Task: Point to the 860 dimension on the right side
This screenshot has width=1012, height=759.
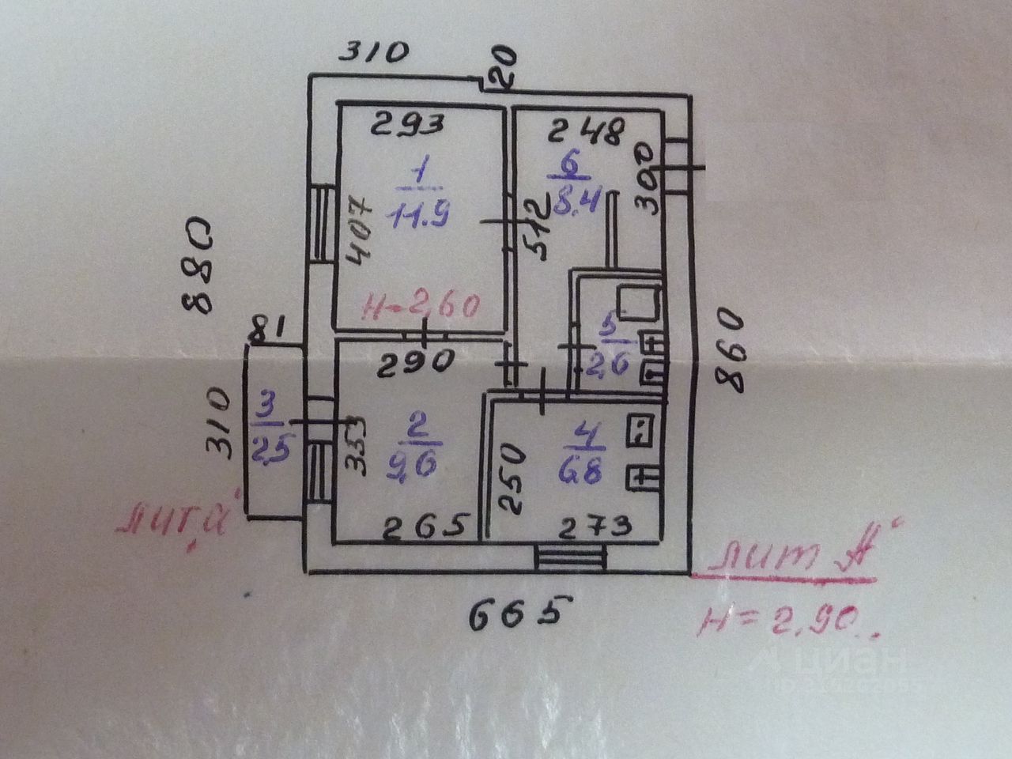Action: [x=729, y=352]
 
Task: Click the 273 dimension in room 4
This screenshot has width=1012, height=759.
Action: [x=597, y=523]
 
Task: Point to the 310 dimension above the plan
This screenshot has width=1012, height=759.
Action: [x=374, y=52]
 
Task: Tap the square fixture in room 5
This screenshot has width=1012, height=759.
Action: [x=638, y=301]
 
